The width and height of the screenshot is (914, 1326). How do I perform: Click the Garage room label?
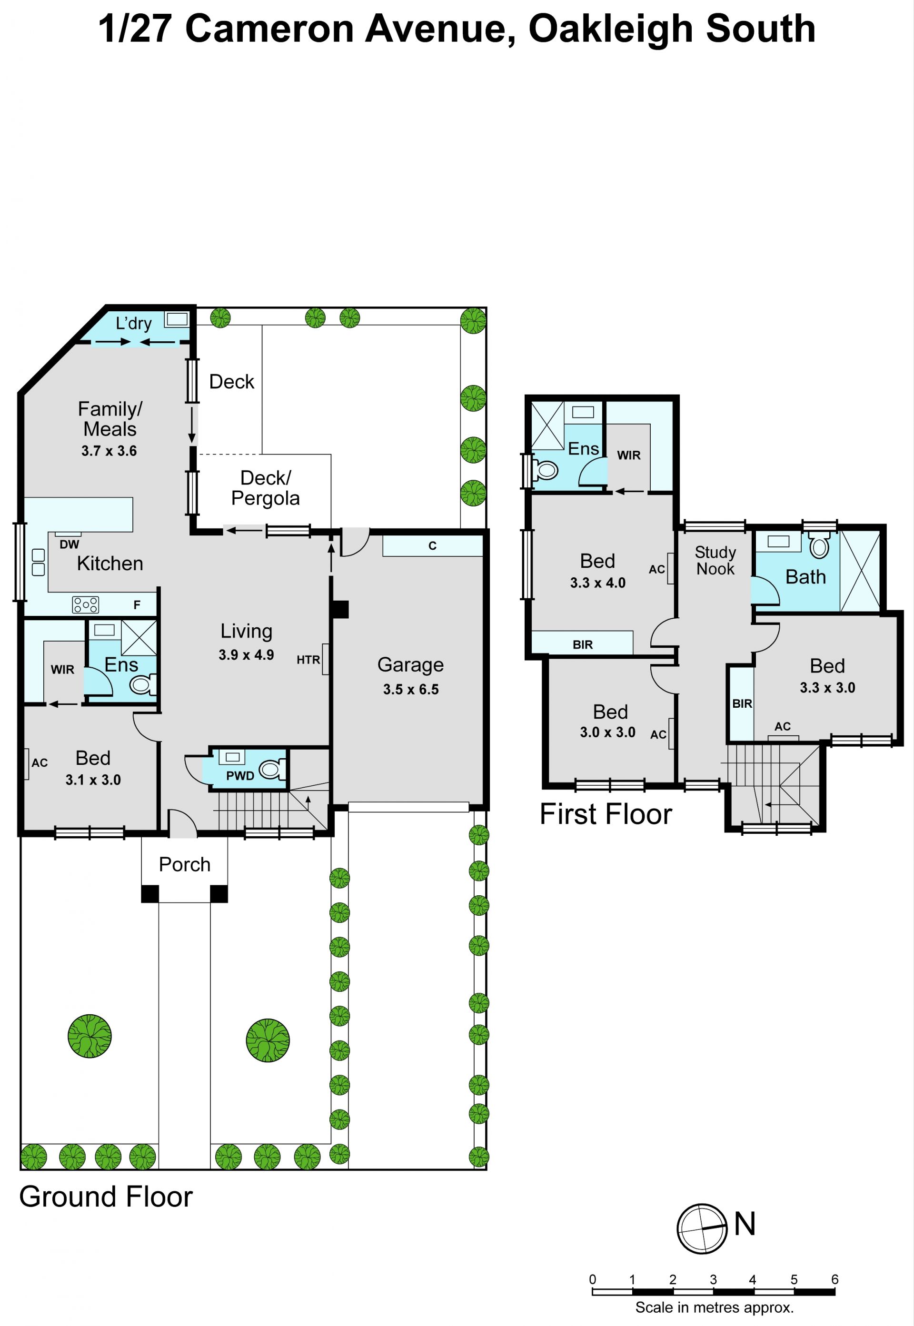click(411, 665)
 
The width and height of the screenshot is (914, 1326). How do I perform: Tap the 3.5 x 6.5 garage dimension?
click(411, 689)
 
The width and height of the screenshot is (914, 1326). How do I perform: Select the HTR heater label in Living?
click(308, 660)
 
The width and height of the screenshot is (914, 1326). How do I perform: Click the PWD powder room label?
click(240, 776)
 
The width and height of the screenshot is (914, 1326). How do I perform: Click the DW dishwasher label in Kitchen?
click(70, 544)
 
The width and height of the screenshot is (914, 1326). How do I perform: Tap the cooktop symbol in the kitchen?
click(85, 604)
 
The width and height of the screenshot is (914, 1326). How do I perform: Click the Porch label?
click(184, 864)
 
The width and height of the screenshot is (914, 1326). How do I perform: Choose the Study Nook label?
click(715, 561)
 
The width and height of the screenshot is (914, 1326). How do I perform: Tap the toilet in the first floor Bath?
click(820, 544)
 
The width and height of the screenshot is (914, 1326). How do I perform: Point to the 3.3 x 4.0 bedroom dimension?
click(597, 583)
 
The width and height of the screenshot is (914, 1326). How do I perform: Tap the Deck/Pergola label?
click(265, 488)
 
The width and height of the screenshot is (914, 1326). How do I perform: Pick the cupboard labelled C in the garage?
click(432, 545)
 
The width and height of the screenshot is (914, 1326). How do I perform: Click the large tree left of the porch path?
click(89, 1036)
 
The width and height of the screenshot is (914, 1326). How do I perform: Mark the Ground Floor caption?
click(106, 1197)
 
